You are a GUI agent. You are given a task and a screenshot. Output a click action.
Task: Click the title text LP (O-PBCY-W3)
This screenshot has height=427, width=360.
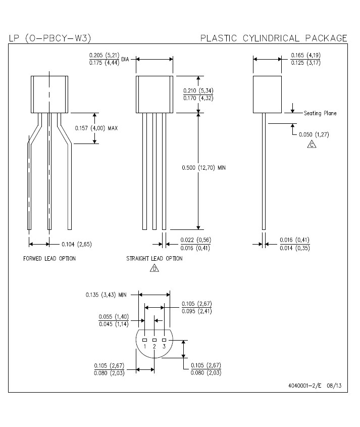(x=50, y=38)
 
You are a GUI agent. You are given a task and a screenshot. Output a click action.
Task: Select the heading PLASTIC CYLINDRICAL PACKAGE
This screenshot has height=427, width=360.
(x=274, y=38)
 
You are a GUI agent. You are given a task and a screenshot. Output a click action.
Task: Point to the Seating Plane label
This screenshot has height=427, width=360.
(x=320, y=113)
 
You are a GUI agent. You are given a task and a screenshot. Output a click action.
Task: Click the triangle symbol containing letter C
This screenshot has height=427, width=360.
(x=312, y=145)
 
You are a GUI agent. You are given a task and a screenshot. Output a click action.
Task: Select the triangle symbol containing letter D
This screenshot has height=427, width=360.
(x=155, y=268)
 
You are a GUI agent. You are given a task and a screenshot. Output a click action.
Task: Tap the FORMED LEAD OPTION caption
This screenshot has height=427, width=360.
(x=49, y=258)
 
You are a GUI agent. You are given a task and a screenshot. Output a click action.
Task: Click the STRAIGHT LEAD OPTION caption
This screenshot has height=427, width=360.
(x=155, y=258)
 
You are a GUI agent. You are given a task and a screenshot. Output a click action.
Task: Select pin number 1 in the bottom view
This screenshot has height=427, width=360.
(x=145, y=346)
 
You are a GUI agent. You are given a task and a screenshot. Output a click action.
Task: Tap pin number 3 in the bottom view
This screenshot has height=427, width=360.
(x=164, y=346)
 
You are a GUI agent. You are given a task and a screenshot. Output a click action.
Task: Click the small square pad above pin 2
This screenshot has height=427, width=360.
(x=155, y=340)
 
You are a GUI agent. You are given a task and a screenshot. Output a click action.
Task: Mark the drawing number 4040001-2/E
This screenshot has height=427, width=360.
(x=305, y=386)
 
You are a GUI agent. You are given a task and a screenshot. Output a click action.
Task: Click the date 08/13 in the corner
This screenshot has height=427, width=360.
(x=334, y=386)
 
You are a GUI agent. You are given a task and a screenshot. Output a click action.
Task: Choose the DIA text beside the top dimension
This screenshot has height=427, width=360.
(x=125, y=59)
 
